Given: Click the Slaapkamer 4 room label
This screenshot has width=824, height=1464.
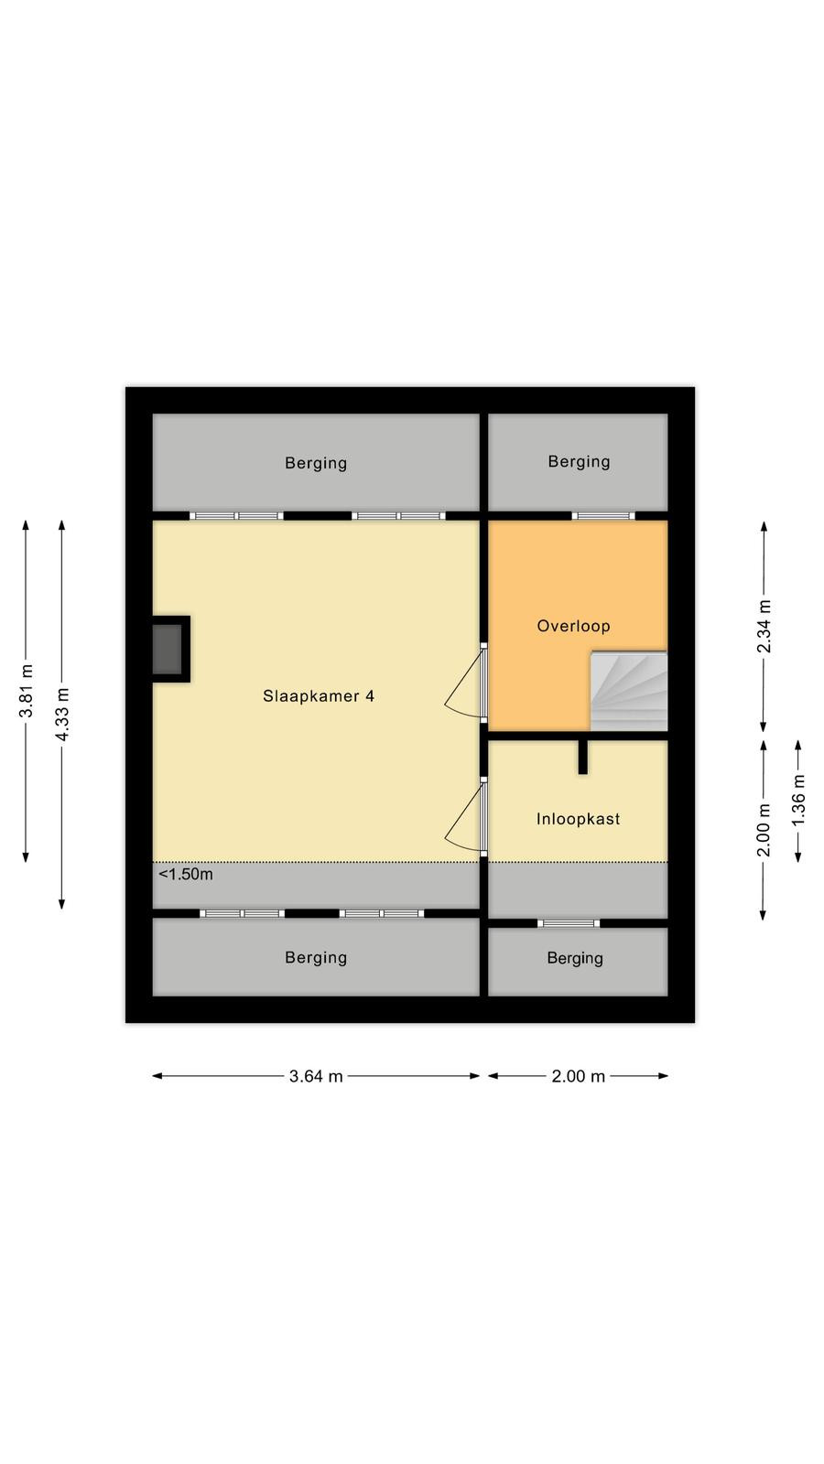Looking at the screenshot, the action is coord(319,696).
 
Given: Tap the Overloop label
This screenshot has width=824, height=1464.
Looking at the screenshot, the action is coord(573,626).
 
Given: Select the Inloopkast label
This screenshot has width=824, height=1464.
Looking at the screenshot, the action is coord(578,819).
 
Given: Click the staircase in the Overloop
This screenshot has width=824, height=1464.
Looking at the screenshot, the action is coord(629,691).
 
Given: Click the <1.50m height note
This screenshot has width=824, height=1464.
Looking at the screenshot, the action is coord(186,874).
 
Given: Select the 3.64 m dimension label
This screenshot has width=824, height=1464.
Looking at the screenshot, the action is coord(316,1076).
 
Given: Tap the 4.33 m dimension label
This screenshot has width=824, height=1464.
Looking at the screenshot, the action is coord(62,715).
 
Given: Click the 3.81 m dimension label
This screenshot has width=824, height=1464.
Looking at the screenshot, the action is coord(27,691).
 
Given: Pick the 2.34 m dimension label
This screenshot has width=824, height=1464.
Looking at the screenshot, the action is coord(764,626).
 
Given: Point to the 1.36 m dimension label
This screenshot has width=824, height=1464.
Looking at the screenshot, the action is coord(798,801).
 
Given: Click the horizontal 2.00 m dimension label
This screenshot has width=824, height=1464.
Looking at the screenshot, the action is coord(578,1076).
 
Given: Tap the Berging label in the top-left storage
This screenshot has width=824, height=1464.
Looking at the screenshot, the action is coord(316,463).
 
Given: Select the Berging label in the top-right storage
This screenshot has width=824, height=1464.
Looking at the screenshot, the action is coord(579,462).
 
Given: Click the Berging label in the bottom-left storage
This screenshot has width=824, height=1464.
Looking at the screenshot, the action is coord(316,958).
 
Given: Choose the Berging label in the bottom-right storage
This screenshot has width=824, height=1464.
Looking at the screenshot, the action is coord(575,959).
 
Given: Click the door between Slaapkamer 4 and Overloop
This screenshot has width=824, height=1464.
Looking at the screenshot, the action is coord(466,683).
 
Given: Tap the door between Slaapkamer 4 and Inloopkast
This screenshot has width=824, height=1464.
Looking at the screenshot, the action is coord(466,817).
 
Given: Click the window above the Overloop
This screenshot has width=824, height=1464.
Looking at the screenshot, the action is coord(603,516).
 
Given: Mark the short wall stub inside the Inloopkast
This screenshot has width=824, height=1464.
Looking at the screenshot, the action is coord(582,758).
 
